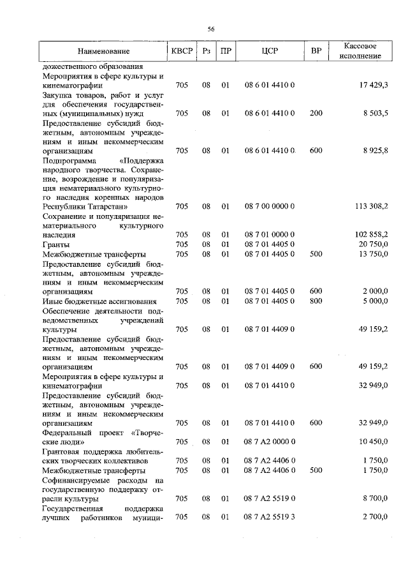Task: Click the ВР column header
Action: (x=316, y=50)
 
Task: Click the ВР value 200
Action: (x=316, y=113)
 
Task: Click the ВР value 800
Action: (x=316, y=301)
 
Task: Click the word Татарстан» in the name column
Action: (x=110, y=207)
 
